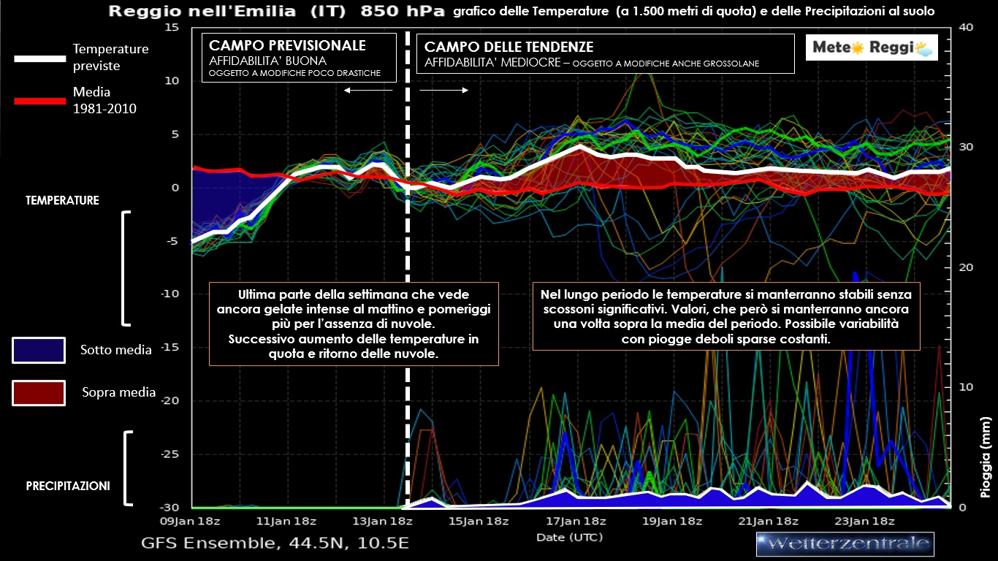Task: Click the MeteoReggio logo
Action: tap(872, 48)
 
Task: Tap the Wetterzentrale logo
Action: tap(845, 543)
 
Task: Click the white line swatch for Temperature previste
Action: tap(40, 58)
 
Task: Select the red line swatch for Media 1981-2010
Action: tap(40, 101)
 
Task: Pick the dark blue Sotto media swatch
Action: tap(39, 350)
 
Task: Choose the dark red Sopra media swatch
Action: tap(39, 392)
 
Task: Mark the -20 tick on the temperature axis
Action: tap(169, 400)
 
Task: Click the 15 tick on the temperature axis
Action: tap(172, 27)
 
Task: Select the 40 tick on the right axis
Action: tap(966, 27)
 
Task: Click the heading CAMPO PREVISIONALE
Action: tap(287, 46)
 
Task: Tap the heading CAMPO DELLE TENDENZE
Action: tap(509, 47)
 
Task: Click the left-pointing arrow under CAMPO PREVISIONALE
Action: tap(368, 90)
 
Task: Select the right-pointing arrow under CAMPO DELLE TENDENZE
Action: tap(444, 90)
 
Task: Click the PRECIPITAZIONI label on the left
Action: tap(68, 485)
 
